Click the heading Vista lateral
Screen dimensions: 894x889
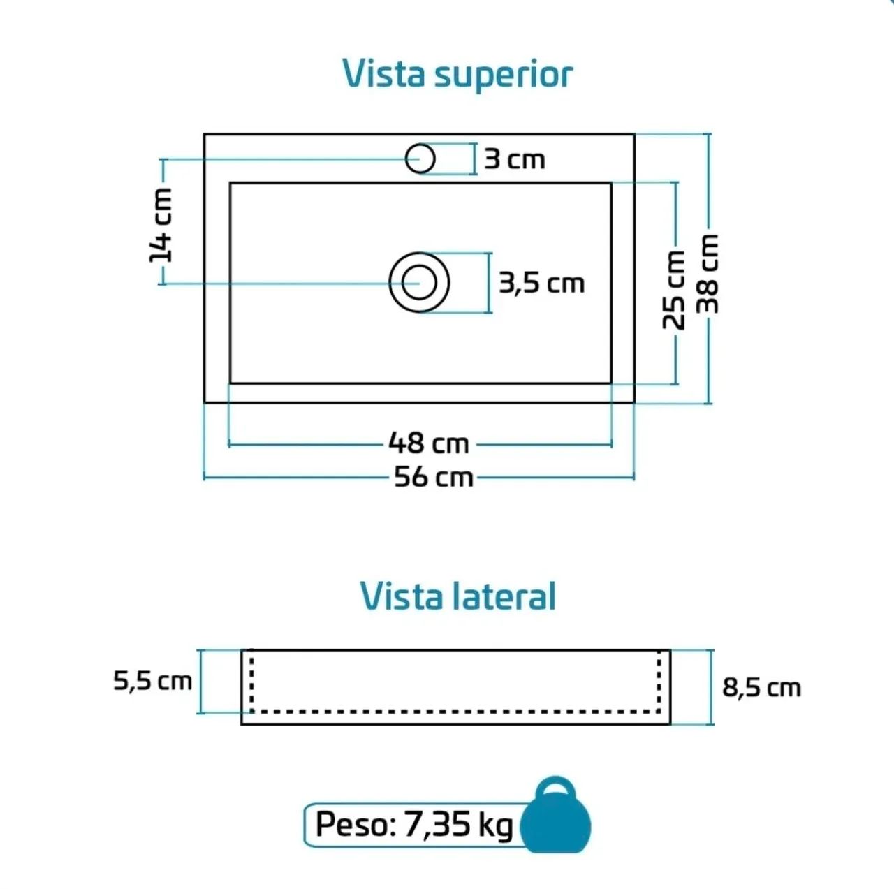pyautogui.click(x=458, y=596)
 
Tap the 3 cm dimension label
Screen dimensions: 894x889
pyautogui.click(x=515, y=160)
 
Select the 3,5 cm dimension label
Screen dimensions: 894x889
pyautogui.click(x=541, y=284)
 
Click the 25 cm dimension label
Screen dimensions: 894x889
pyautogui.click(x=673, y=290)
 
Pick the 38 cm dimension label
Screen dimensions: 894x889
pyautogui.click(x=708, y=274)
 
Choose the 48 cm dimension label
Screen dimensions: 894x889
pyautogui.click(x=429, y=443)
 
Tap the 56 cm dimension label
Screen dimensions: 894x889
pyautogui.click(x=433, y=478)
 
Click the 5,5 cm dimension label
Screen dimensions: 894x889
pyautogui.click(x=153, y=682)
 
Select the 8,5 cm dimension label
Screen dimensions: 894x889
pyautogui.click(x=761, y=688)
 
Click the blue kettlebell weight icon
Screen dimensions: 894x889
pyautogui.click(x=555, y=826)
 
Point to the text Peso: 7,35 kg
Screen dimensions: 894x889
pyautogui.click(x=414, y=825)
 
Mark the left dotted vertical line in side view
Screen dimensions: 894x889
pyautogui.click(x=251, y=681)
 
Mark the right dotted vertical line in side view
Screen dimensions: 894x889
pyautogui.click(x=659, y=681)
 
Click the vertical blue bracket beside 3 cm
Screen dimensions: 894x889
pyautogui.click(x=475, y=159)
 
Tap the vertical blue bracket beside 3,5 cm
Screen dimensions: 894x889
pyautogui.click(x=489, y=283)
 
